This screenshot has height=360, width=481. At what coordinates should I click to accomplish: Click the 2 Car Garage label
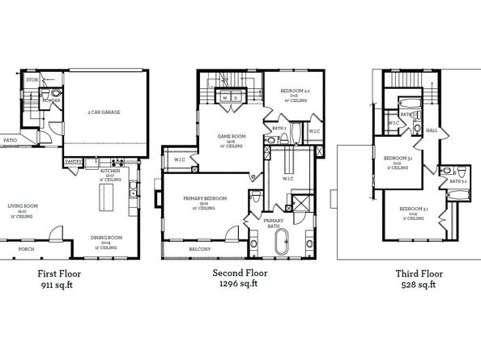pyautogui.click(x=104, y=112)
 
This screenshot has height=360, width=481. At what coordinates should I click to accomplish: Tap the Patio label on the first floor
pyautogui.click(x=11, y=140)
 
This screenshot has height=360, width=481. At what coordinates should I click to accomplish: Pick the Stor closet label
pyautogui.click(x=32, y=81)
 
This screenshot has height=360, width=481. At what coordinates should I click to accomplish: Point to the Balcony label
pyautogui.click(x=200, y=249)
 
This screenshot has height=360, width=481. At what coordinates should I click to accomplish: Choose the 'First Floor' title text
pyautogui.click(x=62, y=273)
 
